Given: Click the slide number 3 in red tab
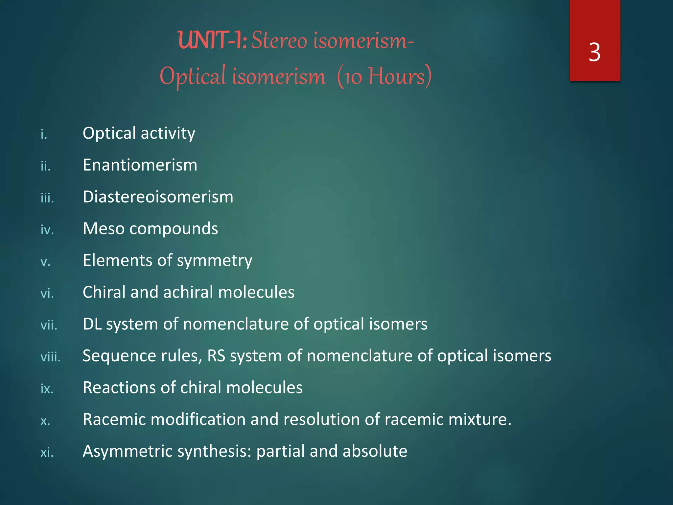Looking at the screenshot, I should tap(594, 53).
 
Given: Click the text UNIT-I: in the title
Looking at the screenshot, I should tap(212, 41).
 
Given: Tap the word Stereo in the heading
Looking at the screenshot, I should tap(279, 41).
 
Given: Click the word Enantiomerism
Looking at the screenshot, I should tap(140, 165).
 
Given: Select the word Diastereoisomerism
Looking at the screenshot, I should tap(158, 197).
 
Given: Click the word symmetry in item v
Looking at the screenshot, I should tap(215, 260).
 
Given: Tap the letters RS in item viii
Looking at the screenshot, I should tap(216, 356).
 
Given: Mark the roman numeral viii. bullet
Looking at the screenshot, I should tap(50, 357).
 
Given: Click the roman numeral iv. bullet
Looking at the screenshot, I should tap(47, 229).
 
